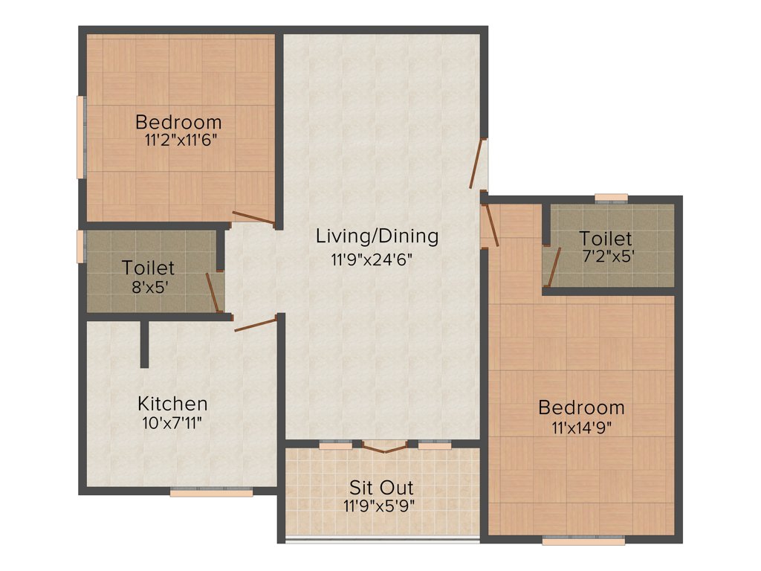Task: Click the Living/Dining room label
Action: [x=377, y=236]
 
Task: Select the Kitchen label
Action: [x=172, y=404]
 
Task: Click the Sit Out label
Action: [x=381, y=488]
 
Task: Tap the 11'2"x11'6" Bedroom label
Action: [x=178, y=121]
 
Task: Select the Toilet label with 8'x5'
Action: [x=149, y=267]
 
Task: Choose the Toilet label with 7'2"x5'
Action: [x=606, y=239]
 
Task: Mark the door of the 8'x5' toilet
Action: [x=213, y=292]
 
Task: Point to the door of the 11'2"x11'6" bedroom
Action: [x=253, y=219]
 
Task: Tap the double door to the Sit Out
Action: [x=385, y=447]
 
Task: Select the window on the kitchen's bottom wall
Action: [x=211, y=491]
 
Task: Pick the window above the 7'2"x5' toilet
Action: [x=612, y=198]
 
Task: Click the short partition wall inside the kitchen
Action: [x=144, y=343]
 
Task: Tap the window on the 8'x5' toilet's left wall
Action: [x=80, y=247]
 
